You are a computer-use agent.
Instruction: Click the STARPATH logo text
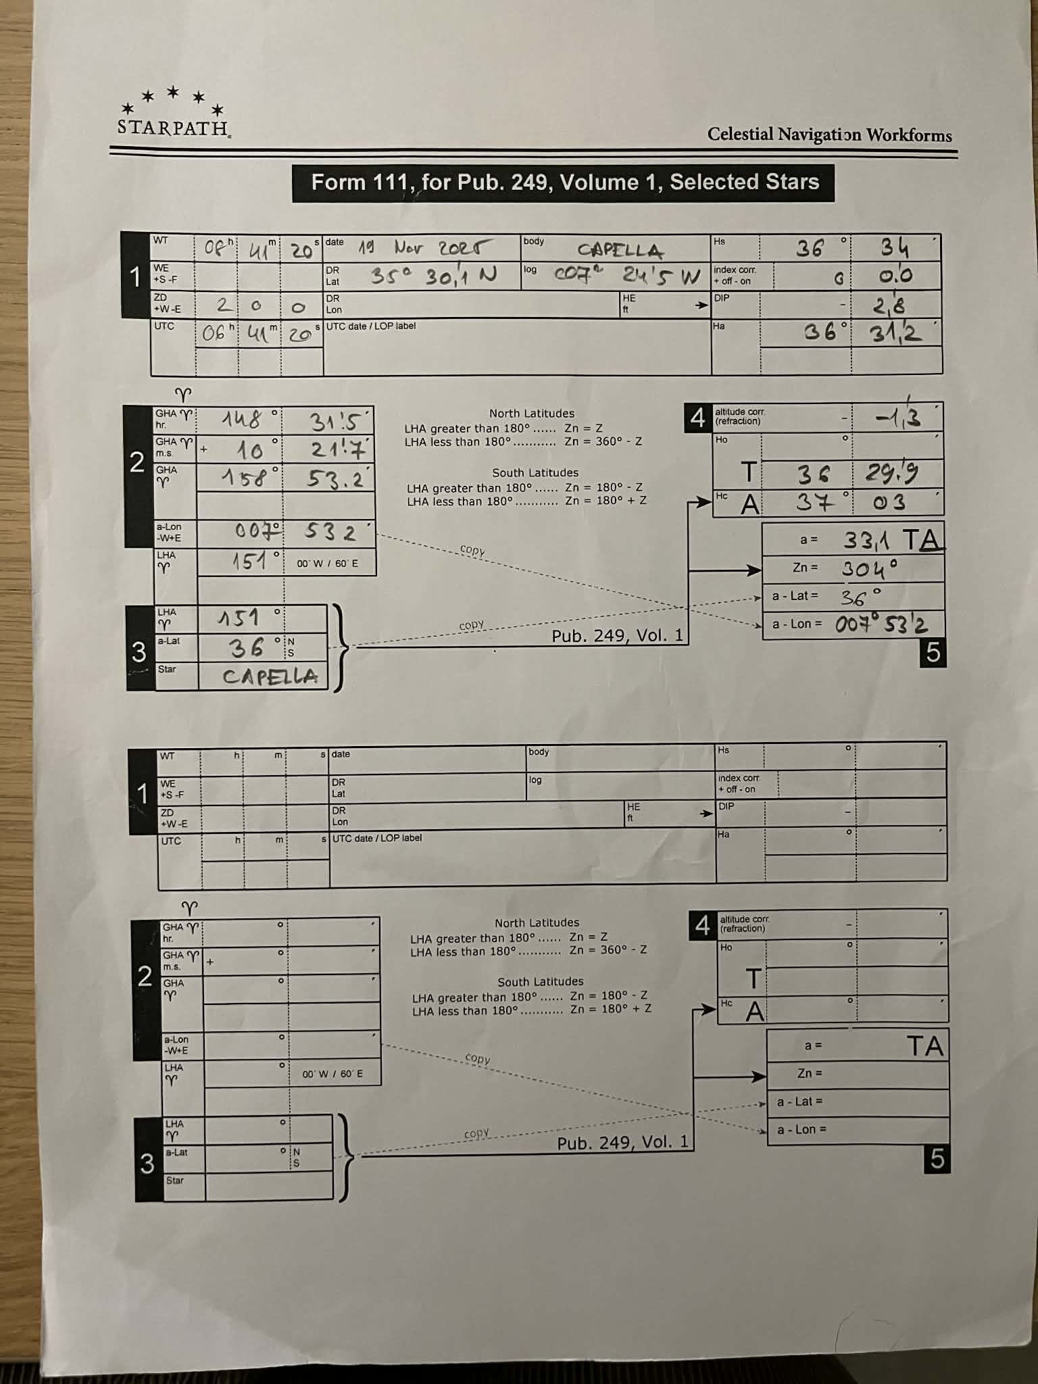(x=173, y=127)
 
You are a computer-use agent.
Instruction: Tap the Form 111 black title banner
(x=563, y=182)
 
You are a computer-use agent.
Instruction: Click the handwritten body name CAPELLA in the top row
(x=620, y=251)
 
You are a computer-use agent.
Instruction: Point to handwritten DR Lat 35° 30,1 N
(x=433, y=276)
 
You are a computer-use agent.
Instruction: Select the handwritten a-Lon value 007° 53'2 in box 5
(x=881, y=624)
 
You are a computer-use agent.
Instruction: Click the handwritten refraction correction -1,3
(x=897, y=418)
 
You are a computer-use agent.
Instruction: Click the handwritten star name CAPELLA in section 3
(x=270, y=676)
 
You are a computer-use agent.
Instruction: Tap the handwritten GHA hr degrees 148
(x=242, y=420)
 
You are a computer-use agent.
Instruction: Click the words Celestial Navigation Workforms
(x=829, y=134)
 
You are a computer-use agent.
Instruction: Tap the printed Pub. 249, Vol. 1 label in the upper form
(x=617, y=636)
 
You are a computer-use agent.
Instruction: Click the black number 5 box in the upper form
(x=933, y=652)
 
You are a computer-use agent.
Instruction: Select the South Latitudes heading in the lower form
(x=540, y=981)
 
